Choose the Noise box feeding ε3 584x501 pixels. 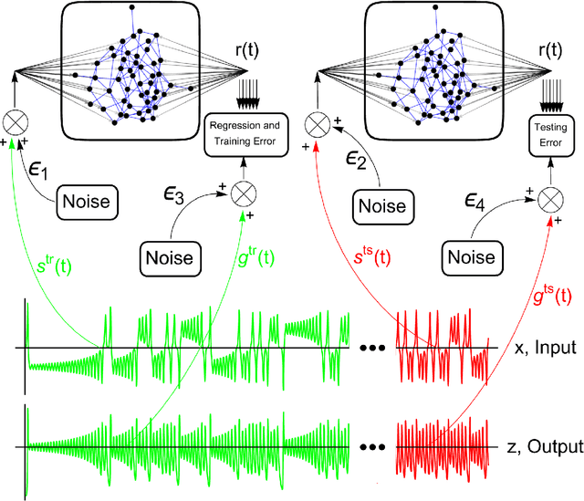(169, 257)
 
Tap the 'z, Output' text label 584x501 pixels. (546, 446)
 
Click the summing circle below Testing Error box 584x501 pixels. (548, 194)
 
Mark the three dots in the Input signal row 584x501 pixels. (371, 350)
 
